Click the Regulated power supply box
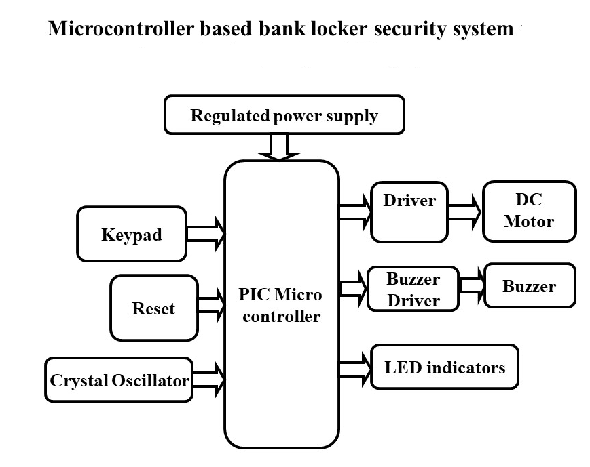click(284, 115)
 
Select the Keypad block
click(132, 234)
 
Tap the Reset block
click(153, 308)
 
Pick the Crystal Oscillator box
click(119, 380)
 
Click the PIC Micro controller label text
click(280, 306)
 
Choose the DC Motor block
click(529, 211)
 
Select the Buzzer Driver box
click(413, 289)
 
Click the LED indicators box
click(445, 367)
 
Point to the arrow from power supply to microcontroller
click(278, 148)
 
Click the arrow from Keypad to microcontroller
click(205, 234)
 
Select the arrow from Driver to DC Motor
click(464, 211)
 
